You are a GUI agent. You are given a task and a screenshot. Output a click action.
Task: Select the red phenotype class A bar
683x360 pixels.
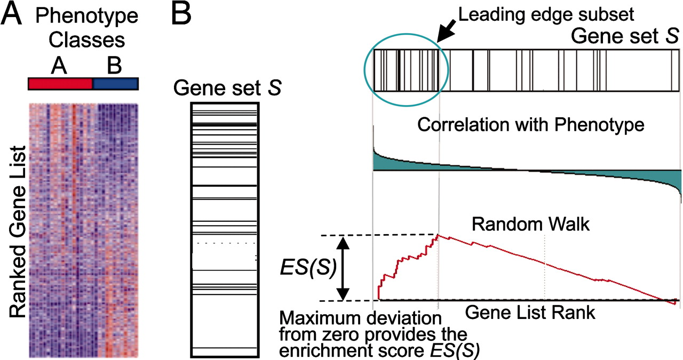coord(60,84)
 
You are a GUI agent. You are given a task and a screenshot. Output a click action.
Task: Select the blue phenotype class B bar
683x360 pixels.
coord(116,84)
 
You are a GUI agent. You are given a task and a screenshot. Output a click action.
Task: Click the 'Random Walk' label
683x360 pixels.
coord(530,225)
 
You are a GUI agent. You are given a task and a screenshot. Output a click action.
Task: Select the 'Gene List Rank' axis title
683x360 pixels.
coord(530,313)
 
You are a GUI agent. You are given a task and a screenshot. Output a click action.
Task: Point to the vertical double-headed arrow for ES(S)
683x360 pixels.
coord(344,268)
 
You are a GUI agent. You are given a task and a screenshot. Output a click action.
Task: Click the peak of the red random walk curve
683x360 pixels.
coord(438,235)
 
